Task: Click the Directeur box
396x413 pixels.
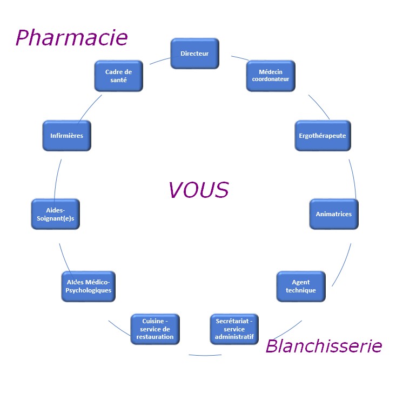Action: coord(194,54)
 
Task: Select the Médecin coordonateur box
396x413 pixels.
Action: coord(270,75)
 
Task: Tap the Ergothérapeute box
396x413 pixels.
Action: coord(323,135)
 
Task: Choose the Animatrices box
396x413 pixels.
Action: coord(333,214)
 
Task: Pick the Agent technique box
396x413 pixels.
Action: coord(300,287)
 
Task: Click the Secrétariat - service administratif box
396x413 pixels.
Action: coord(234,329)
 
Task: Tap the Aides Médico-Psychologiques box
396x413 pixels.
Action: coord(88,287)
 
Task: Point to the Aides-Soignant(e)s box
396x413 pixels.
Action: coord(56,214)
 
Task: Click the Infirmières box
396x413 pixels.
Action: coord(66,135)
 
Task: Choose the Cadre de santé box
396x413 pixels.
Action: coord(119,76)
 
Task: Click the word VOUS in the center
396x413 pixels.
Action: coord(198,190)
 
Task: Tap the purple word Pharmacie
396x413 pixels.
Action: coord(71,37)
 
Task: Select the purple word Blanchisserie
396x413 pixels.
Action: coord(324,345)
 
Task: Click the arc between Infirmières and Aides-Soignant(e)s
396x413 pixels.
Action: coord(57,179)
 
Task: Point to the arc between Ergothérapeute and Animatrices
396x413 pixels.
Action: coord(353,178)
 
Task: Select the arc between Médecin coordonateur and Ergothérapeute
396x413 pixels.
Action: coord(319,106)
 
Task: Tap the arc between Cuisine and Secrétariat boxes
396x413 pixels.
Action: coord(205,355)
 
